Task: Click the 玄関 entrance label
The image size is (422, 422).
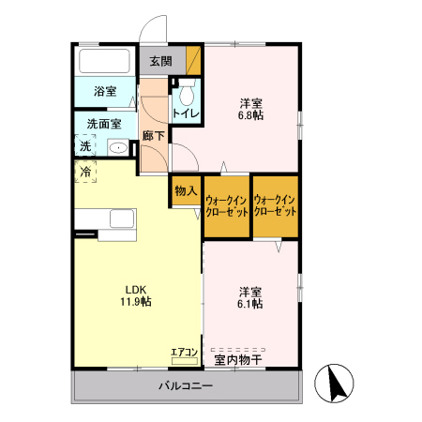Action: tap(160, 62)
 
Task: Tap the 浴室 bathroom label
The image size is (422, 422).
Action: tap(105, 92)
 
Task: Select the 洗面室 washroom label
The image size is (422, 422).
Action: tap(105, 123)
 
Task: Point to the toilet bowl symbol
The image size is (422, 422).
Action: tap(185, 94)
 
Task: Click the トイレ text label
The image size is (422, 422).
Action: tap(185, 114)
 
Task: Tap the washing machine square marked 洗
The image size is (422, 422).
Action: tap(85, 145)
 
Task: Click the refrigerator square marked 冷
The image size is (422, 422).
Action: tap(85, 172)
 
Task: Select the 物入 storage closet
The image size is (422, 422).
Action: tap(185, 191)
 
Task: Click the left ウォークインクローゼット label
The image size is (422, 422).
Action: tap(226, 206)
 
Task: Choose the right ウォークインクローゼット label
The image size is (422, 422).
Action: tap(276, 206)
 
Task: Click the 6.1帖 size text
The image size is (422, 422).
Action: tap(249, 304)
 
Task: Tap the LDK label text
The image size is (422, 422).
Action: tap(135, 289)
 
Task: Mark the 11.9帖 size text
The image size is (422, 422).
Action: tap(135, 302)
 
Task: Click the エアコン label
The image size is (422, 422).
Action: tap(184, 353)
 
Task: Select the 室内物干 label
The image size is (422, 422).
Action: tap(237, 358)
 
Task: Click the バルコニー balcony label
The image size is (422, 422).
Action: tap(185, 386)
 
